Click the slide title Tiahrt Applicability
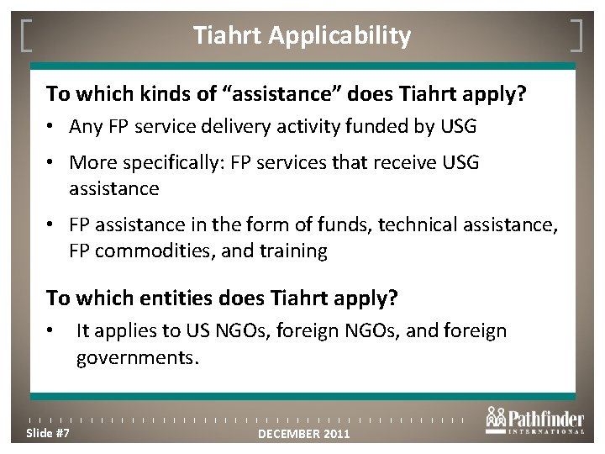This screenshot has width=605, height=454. [x=302, y=36]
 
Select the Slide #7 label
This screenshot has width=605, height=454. [x=48, y=432]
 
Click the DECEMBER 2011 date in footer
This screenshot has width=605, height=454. [x=304, y=434]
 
